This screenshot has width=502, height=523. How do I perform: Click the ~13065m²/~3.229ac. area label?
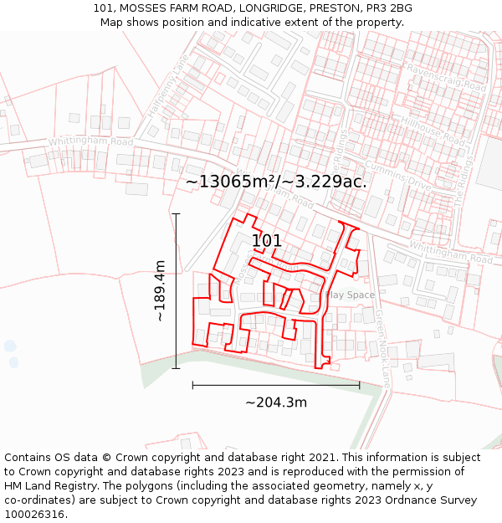click(x=276, y=182)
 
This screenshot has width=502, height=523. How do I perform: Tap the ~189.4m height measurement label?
click(x=160, y=290)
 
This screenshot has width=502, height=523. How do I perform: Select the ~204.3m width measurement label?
click(x=276, y=403)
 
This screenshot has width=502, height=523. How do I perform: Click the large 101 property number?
click(x=267, y=241)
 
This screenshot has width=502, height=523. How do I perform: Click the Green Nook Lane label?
click(x=382, y=347)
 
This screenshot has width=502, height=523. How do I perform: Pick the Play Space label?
click(x=349, y=295)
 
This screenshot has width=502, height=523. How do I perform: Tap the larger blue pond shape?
click(x=9, y=346)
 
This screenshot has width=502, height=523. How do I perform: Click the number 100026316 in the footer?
click(x=34, y=515)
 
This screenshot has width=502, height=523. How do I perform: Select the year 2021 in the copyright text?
click(x=324, y=458)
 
